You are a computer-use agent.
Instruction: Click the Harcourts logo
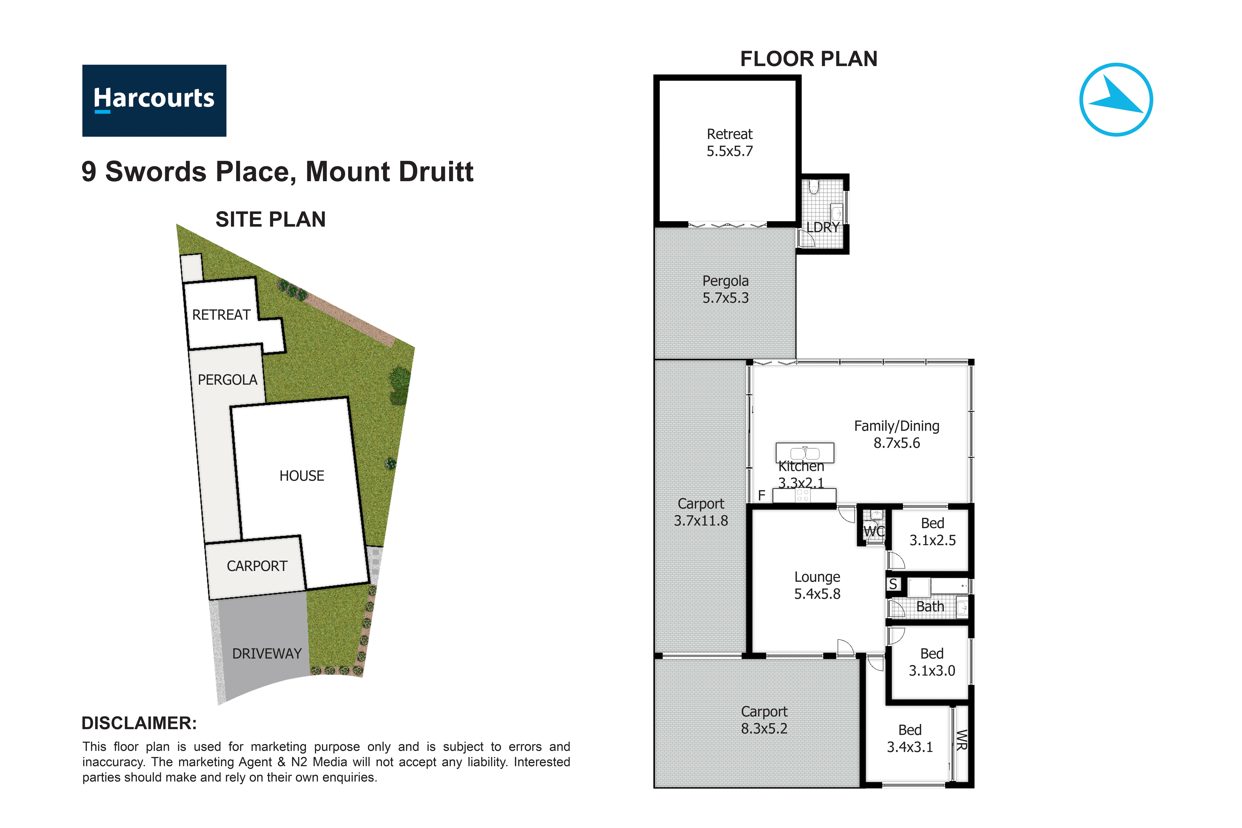(x=154, y=100)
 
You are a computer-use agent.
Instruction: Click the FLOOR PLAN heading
(x=809, y=59)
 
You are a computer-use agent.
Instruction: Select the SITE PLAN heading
(x=270, y=219)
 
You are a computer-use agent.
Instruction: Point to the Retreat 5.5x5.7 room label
(x=729, y=143)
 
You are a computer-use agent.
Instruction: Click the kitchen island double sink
(x=805, y=453)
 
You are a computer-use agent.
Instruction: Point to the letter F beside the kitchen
(x=761, y=495)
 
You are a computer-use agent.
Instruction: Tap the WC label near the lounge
(x=873, y=531)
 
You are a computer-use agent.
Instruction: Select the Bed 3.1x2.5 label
(x=932, y=531)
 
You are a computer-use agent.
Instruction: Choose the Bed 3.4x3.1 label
(x=909, y=738)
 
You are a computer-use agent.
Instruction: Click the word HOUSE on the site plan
(x=301, y=476)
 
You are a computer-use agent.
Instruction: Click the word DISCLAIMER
(x=139, y=723)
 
